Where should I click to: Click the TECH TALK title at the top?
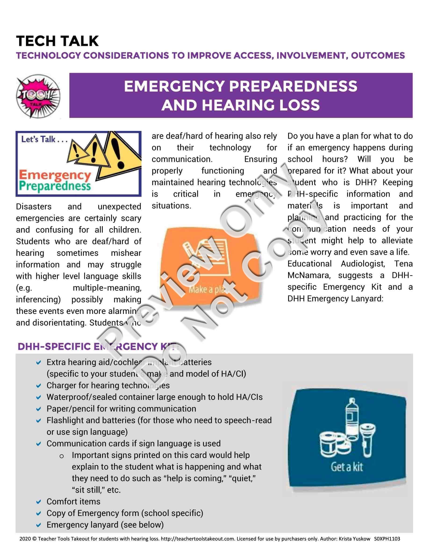click(57, 41)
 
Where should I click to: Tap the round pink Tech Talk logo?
click(38, 96)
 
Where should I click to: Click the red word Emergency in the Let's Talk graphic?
click(55, 175)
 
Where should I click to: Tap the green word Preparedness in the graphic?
click(55, 186)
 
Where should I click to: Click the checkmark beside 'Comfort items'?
click(39, 502)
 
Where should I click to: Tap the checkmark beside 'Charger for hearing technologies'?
click(39, 385)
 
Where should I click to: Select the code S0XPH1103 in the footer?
click(387, 539)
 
